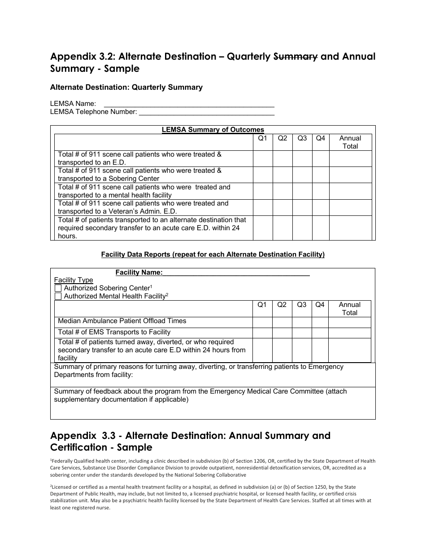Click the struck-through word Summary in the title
click(296, 57)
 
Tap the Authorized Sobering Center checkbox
click(58, 288)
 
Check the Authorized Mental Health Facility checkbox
click(58, 296)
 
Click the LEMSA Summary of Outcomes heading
click(213, 130)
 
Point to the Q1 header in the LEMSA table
click(263, 138)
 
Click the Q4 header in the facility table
click(320, 305)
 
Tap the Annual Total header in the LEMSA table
click(350, 142)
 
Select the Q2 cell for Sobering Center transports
click(283, 175)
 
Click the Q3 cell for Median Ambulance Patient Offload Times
click(302, 322)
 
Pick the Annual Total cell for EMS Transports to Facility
click(350, 333)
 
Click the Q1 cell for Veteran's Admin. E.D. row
click(263, 207)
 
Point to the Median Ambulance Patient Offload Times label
click(122, 321)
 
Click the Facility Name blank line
click(236, 272)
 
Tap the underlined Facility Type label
click(74, 280)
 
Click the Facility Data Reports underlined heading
click(213, 254)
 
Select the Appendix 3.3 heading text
click(190, 441)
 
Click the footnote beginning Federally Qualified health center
click(213, 468)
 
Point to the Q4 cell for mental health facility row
click(320, 191)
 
